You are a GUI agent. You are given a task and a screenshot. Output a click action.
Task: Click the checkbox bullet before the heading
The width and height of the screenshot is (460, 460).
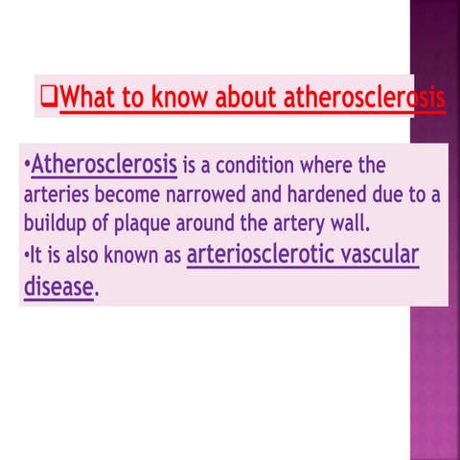point(50,97)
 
